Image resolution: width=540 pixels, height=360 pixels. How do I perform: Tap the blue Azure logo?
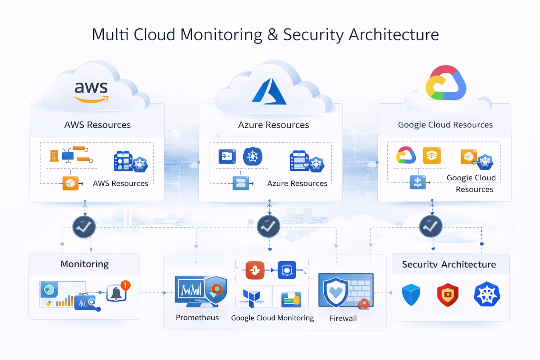click(269, 91)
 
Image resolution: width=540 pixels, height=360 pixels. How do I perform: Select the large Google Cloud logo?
click(446, 83)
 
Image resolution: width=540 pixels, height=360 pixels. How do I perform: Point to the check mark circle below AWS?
click(84, 227)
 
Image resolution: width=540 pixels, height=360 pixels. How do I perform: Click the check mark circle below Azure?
click(269, 226)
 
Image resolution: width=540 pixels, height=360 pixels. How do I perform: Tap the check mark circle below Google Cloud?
click(431, 226)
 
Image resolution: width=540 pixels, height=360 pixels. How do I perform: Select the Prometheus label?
click(197, 318)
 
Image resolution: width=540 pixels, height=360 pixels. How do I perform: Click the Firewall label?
click(343, 318)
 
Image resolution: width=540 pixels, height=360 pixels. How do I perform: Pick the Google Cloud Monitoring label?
click(273, 318)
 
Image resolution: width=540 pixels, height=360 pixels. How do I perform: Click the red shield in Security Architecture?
click(448, 294)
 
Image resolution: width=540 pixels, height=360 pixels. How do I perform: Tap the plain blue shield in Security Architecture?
click(411, 294)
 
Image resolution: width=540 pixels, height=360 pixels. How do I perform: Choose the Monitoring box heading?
click(85, 264)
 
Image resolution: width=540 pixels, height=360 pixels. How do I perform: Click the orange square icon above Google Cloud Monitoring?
click(255, 270)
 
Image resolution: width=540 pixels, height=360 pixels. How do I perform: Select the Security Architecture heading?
click(449, 265)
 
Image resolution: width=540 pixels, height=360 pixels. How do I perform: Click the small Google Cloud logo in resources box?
click(406, 155)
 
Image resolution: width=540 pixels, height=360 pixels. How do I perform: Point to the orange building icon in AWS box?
click(54, 156)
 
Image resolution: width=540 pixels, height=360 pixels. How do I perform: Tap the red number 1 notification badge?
click(125, 285)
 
